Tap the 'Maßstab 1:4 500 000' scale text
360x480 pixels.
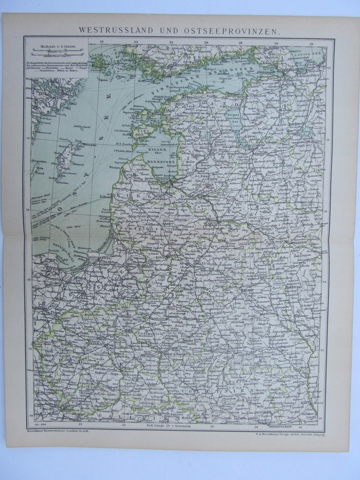57,46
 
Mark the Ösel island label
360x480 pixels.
141,129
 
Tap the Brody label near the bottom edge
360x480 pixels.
187,417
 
